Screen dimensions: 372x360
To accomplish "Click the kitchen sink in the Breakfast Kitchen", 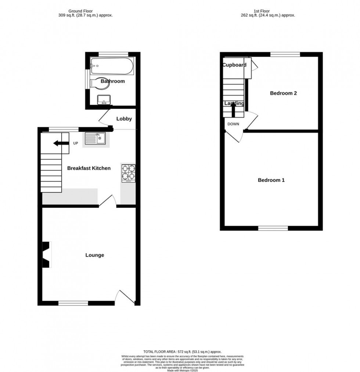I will click(95, 139).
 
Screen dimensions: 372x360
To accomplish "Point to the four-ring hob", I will click(129, 174).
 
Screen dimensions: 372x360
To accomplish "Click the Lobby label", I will click(124, 119).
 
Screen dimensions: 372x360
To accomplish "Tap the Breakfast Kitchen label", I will click(89, 168).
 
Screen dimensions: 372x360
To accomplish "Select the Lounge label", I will click(95, 255).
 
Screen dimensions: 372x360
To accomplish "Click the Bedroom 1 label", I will click(271, 180).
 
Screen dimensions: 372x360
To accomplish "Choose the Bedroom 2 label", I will click(283, 93).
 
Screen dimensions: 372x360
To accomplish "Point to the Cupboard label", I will click(234, 65).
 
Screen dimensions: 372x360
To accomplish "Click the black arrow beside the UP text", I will click(61, 143).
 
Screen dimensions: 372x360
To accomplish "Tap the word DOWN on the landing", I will click(233, 124).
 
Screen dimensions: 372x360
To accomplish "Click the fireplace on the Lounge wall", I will click(46, 255).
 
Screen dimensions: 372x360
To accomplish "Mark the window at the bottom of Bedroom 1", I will click(273, 228).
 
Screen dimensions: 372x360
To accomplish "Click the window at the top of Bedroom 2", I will click(285, 54).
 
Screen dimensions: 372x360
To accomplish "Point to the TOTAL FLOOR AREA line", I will click(180, 352).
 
